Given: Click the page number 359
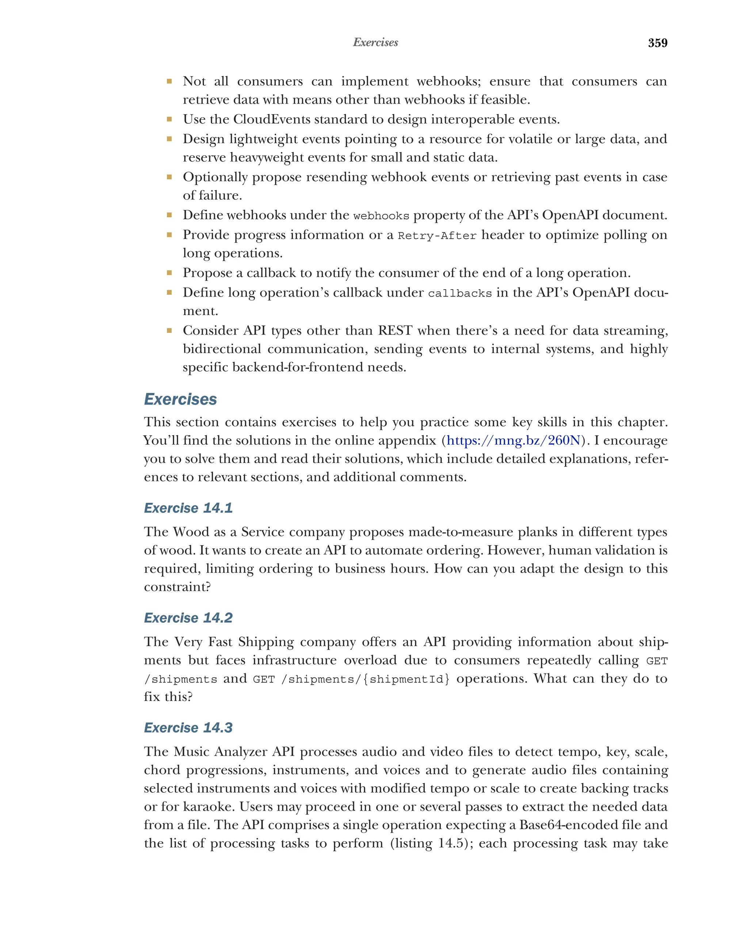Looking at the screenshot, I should point(657,43).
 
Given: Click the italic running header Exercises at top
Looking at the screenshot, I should point(375,42).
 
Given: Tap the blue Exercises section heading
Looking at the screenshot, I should point(180,399).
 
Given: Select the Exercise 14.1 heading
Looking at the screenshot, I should point(188,508).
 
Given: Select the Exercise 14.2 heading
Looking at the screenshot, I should point(188,617).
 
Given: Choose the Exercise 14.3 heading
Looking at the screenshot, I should point(188,727).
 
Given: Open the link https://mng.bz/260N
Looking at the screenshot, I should point(513,440).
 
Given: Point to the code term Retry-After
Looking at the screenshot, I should point(437,236).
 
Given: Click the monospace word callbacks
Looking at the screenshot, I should point(459,294).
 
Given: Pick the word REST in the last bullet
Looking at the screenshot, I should point(395,330).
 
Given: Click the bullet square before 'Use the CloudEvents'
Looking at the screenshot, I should point(169,119).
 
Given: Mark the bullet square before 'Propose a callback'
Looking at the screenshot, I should point(169,272).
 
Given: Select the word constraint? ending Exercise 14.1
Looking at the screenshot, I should point(177,587).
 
